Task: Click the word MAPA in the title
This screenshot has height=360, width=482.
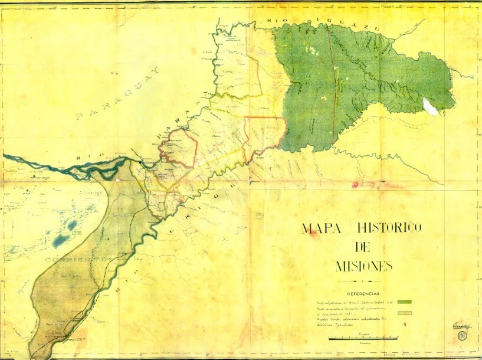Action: click(321, 229)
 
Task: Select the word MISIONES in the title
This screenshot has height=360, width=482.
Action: click(363, 266)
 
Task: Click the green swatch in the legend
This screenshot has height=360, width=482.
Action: click(407, 302)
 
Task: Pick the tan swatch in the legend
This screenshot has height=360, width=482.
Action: click(407, 312)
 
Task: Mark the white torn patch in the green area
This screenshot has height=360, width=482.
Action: click(430, 106)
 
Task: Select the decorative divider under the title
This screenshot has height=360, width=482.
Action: click(363, 281)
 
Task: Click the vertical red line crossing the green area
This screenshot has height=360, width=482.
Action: click(334, 83)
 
